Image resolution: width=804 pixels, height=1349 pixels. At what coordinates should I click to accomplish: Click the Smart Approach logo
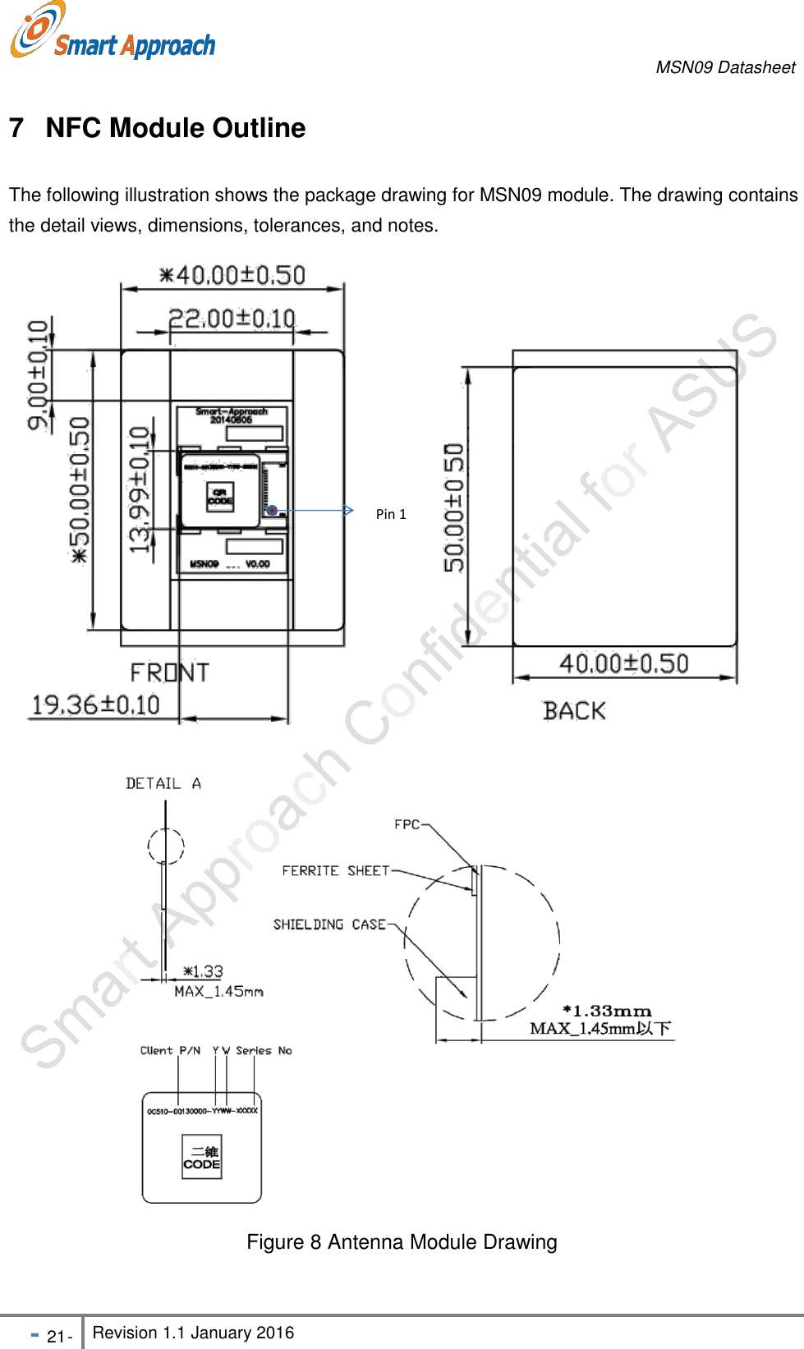(113, 33)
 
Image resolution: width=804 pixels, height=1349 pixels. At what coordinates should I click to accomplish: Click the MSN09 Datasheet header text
(725, 67)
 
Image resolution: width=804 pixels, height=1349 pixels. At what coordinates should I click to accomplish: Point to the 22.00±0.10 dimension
(232, 318)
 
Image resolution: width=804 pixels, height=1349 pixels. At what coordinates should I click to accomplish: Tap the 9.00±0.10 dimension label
(39, 374)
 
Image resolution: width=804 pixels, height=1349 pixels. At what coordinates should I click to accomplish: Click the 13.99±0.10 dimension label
(140, 489)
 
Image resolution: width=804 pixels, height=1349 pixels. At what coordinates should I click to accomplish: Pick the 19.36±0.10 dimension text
(95, 704)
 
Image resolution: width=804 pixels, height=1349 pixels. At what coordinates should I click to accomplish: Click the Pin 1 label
(391, 514)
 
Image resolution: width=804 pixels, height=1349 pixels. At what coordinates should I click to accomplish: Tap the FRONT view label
(169, 673)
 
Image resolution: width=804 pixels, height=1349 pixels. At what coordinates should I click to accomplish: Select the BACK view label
(574, 711)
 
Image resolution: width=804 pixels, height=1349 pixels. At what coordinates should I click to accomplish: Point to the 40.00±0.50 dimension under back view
(623, 663)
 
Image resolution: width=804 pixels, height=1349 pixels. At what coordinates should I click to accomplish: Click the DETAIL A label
(163, 783)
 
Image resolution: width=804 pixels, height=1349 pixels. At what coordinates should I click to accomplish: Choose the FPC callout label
(407, 824)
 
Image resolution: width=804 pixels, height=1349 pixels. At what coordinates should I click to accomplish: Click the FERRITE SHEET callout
(335, 870)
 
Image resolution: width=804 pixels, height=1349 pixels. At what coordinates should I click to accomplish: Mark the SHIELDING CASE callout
(329, 925)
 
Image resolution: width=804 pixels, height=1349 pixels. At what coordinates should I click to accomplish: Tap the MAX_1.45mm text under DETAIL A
(218, 992)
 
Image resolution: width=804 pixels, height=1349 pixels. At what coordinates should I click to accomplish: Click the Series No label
(264, 1050)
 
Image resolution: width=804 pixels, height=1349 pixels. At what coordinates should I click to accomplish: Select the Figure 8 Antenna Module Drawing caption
(402, 1241)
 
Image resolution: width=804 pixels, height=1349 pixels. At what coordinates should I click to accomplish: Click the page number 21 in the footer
(56, 1337)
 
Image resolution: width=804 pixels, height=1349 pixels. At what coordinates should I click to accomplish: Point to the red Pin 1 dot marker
(272, 510)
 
